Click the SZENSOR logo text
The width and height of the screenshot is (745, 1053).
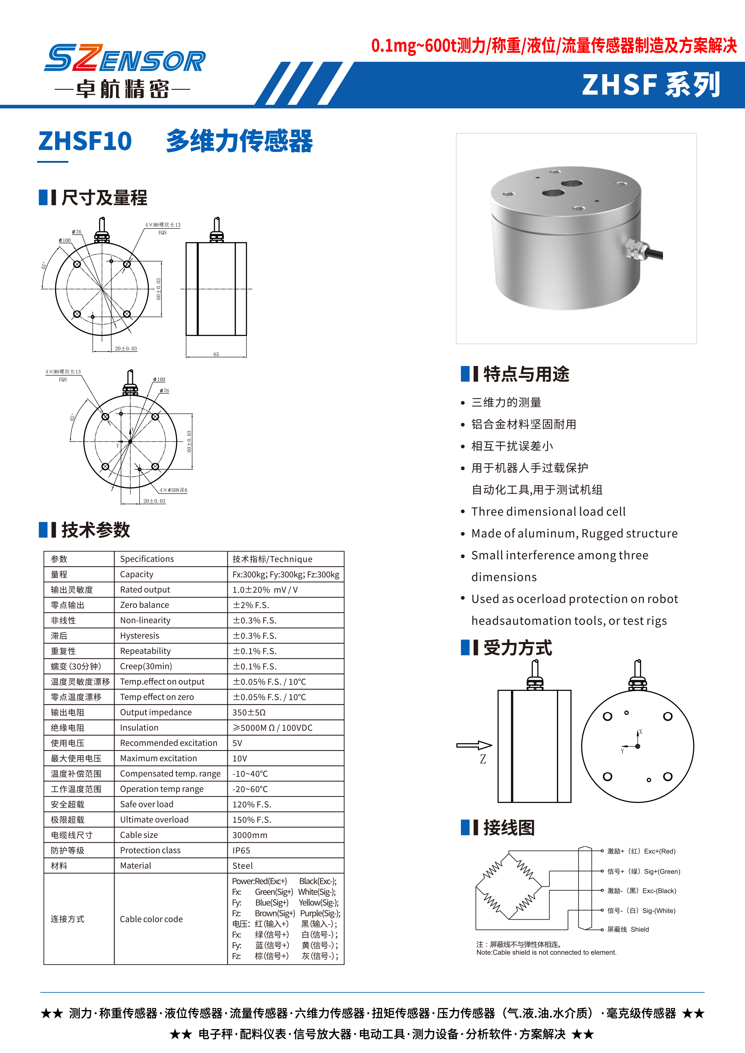point(125,59)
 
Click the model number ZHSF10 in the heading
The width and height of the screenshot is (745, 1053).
point(85,141)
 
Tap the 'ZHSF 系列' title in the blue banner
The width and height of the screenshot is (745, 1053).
point(651,85)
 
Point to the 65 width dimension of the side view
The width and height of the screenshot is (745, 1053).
point(216,354)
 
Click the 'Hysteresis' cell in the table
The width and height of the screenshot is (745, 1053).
point(139,636)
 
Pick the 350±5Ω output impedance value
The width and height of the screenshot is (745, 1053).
point(249,712)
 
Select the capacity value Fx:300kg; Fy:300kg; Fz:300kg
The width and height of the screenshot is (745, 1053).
point(285,574)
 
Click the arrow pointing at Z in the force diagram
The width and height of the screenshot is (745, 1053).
point(474,745)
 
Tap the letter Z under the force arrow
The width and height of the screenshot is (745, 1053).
point(483,759)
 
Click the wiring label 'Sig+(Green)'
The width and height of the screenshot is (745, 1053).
point(661,871)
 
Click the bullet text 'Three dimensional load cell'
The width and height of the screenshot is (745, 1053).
point(548,511)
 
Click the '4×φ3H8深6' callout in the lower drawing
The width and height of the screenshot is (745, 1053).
point(173,490)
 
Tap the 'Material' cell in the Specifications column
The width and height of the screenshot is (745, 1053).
point(135,865)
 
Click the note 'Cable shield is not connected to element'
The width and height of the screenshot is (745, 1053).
point(546,952)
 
